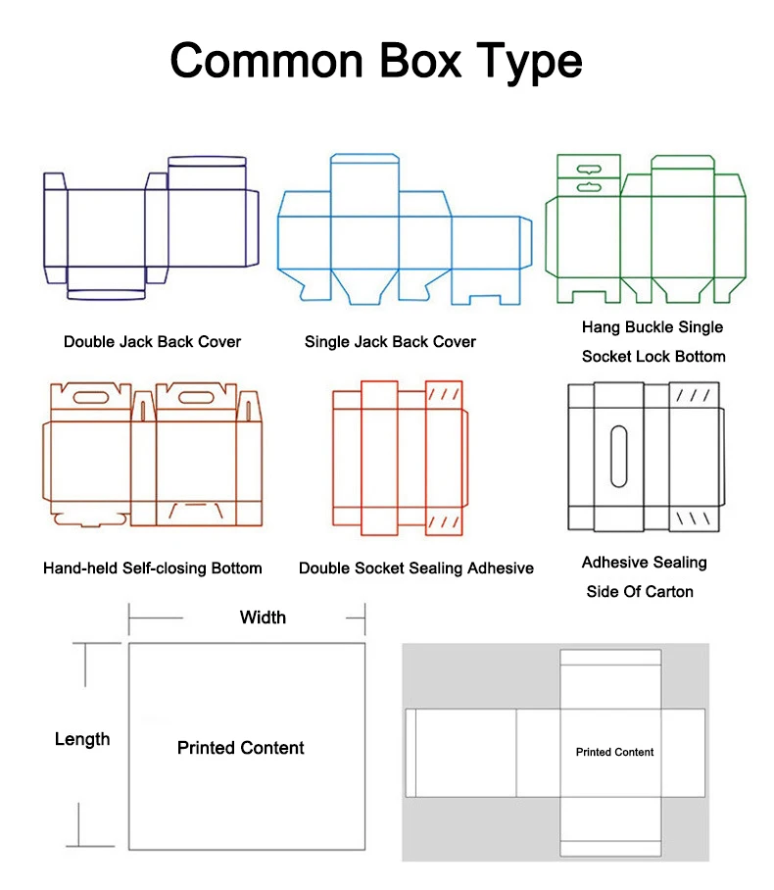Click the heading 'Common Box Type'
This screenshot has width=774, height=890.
(x=376, y=61)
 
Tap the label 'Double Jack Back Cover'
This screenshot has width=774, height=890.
(x=152, y=342)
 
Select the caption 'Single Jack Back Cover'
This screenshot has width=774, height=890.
(x=390, y=342)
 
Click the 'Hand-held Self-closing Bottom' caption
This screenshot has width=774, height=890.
(x=153, y=568)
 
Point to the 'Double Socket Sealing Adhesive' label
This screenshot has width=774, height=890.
(x=416, y=568)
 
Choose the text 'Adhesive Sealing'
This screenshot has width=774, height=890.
(x=644, y=563)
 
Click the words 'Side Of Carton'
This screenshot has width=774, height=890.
(x=640, y=592)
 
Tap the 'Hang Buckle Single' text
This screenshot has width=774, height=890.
(x=653, y=327)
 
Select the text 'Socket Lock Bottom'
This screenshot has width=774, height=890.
(x=653, y=356)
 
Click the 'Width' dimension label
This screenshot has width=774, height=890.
(x=263, y=617)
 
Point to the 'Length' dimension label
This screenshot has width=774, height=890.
(x=82, y=739)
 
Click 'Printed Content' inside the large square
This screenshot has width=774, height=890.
(x=241, y=748)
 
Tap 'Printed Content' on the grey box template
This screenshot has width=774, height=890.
(x=614, y=752)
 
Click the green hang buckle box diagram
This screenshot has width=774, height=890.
(x=646, y=229)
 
